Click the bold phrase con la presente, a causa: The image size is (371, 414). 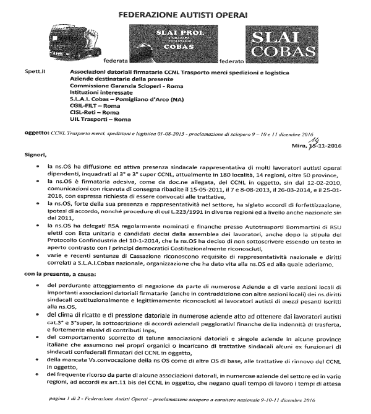click(x=60, y=256)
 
